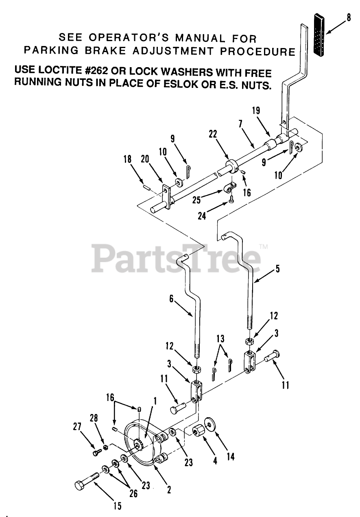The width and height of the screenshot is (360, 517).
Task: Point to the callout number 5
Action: [x=278, y=269]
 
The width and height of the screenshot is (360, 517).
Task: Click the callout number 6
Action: [x=171, y=299]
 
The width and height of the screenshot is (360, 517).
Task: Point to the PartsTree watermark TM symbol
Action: [x=263, y=246]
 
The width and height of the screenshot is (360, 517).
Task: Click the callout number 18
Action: [x=128, y=159]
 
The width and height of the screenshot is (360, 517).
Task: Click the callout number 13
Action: [x=220, y=339]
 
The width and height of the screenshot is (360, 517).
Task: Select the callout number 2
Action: [x=169, y=490]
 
